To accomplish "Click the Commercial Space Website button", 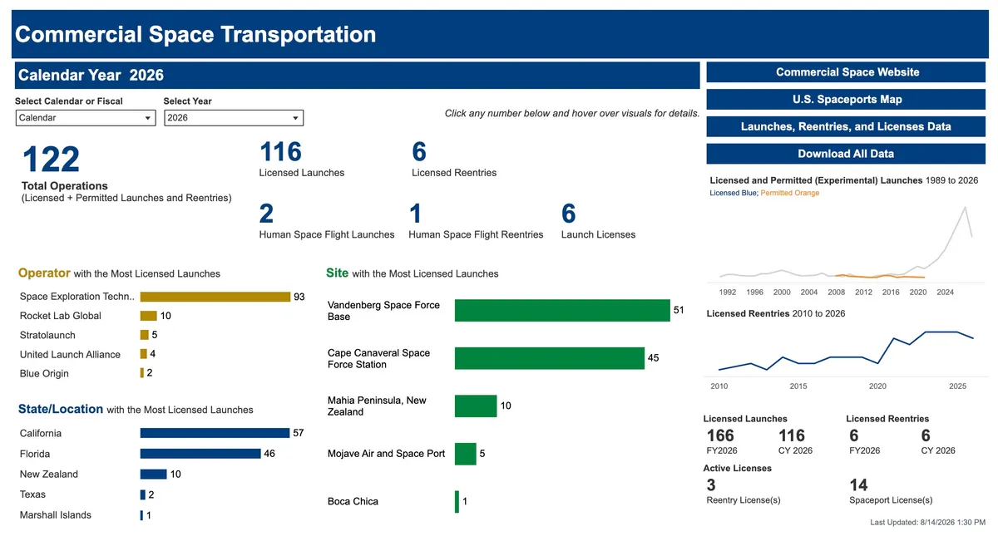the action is [x=846, y=72].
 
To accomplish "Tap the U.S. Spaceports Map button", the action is [x=846, y=99].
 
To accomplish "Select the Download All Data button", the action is [x=846, y=154].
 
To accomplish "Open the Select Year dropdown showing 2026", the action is [x=234, y=118].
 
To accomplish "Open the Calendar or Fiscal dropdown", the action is [x=86, y=118].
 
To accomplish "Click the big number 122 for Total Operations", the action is [x=51, y=160].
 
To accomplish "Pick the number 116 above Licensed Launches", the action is [x=280, y=151].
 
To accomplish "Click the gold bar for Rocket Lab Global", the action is [x=148, y=316].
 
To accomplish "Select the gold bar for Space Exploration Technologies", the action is [x=215, y=297].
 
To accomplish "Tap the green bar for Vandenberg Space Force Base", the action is [x=562, y=310].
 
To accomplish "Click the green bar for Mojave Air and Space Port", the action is [x=466, y=454].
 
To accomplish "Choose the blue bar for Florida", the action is [x=200, y=454].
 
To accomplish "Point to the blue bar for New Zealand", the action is [x=153, y=475].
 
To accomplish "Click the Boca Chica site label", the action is [x=353, y=501].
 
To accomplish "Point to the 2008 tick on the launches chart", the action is [x=837, y=292].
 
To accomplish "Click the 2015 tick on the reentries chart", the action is [x=798, y=386].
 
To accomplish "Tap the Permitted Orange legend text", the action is [x=790, y=193].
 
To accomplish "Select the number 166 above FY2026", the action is [x=720, y=435].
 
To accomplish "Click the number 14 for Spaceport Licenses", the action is [x=858, y=484].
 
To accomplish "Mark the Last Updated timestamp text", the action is [x=927, y=522].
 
